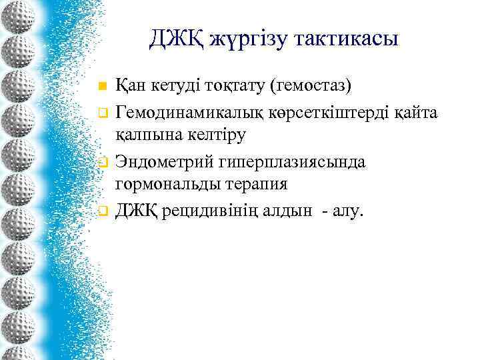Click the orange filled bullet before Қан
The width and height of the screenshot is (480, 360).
click(102, 87)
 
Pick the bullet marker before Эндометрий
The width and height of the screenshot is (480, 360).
click(102, 161)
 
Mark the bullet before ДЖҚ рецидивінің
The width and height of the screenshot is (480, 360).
click(102, 211)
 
